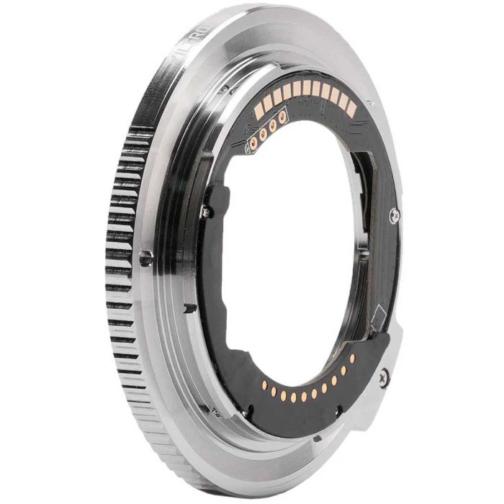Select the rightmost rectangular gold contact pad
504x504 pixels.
[351, 109]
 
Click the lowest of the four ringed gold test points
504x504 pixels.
[253, 142]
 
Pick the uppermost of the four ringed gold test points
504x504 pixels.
[283, 115]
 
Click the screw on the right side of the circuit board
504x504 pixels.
[394, 214]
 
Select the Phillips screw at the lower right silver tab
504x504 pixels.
[385, 374]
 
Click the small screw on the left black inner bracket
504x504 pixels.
[207, 212]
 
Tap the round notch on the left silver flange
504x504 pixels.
[146, 258]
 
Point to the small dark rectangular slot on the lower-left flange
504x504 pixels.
[189, 309]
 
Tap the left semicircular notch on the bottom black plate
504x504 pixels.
[248, 412]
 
